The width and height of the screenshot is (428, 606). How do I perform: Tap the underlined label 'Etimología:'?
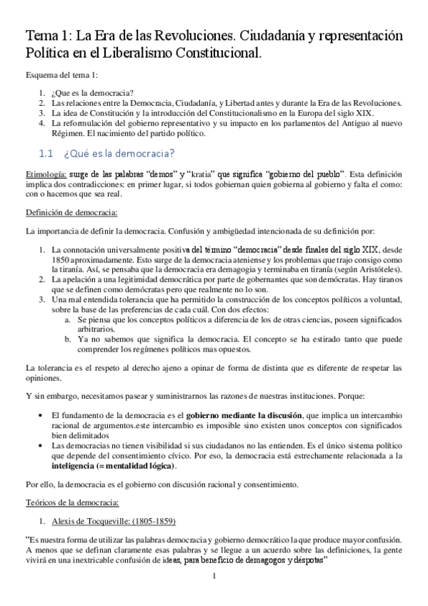46,174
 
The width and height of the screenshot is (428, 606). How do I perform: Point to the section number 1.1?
47,153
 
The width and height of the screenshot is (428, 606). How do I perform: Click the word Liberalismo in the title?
152,52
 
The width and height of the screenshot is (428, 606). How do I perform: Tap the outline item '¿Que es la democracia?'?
92,93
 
